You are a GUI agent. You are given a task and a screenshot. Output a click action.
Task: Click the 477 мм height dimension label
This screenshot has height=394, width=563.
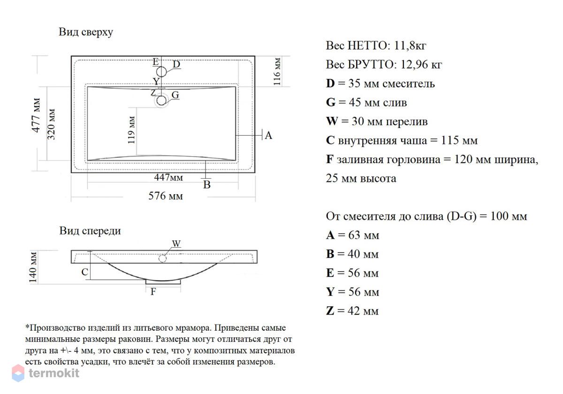[36, 115]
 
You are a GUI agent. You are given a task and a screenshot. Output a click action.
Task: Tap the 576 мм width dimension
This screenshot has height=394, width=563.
[166, 196]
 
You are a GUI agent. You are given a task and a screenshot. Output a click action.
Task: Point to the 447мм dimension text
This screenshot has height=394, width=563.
[168, 177]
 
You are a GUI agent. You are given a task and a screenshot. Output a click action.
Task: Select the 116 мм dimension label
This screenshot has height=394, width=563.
[277, 72]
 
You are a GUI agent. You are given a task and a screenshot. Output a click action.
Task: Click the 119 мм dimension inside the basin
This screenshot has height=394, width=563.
[131, 130]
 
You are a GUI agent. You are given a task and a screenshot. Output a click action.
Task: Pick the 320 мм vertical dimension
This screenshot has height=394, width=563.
[51, 124]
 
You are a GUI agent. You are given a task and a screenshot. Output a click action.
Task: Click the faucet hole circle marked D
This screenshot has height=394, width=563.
[161, 72]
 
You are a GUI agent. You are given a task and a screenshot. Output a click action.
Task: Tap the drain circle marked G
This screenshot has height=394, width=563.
[161, 100]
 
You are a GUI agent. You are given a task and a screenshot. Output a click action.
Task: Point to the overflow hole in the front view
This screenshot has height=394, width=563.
[162, 258]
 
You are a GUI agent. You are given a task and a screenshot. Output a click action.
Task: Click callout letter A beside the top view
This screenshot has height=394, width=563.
[268, 136]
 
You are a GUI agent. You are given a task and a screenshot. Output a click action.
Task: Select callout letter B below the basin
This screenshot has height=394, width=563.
[207, 185]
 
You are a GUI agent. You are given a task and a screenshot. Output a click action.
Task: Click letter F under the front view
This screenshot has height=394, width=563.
[153, 292]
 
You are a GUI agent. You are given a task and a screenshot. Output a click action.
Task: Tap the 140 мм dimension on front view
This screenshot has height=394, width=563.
[33, 267]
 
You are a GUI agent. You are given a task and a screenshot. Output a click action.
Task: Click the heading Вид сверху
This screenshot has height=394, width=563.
[86, 32]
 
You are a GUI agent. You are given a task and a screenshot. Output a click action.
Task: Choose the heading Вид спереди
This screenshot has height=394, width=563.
[90, 231]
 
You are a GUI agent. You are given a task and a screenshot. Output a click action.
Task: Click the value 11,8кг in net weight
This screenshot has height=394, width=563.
[410, 46]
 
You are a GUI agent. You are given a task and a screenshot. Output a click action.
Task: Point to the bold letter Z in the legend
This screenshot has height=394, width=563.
[330, 311]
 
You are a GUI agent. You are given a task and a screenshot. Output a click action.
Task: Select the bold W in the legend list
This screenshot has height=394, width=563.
[332, 121]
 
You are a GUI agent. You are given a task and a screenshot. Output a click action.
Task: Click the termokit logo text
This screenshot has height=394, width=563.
[54, 373]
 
